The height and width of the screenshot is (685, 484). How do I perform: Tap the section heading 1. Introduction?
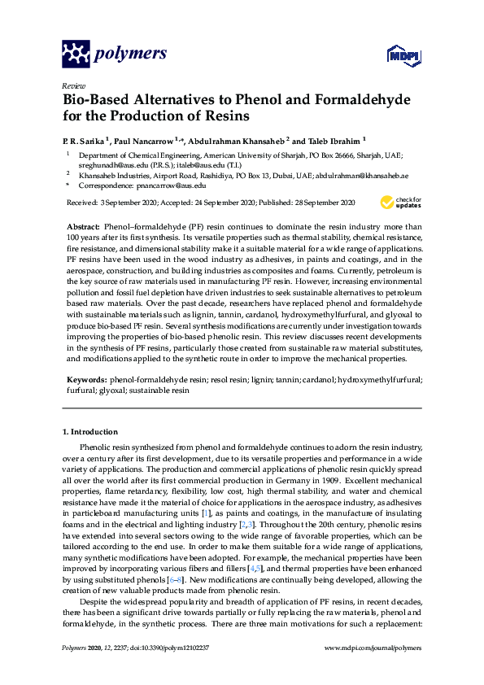point(90,430)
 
